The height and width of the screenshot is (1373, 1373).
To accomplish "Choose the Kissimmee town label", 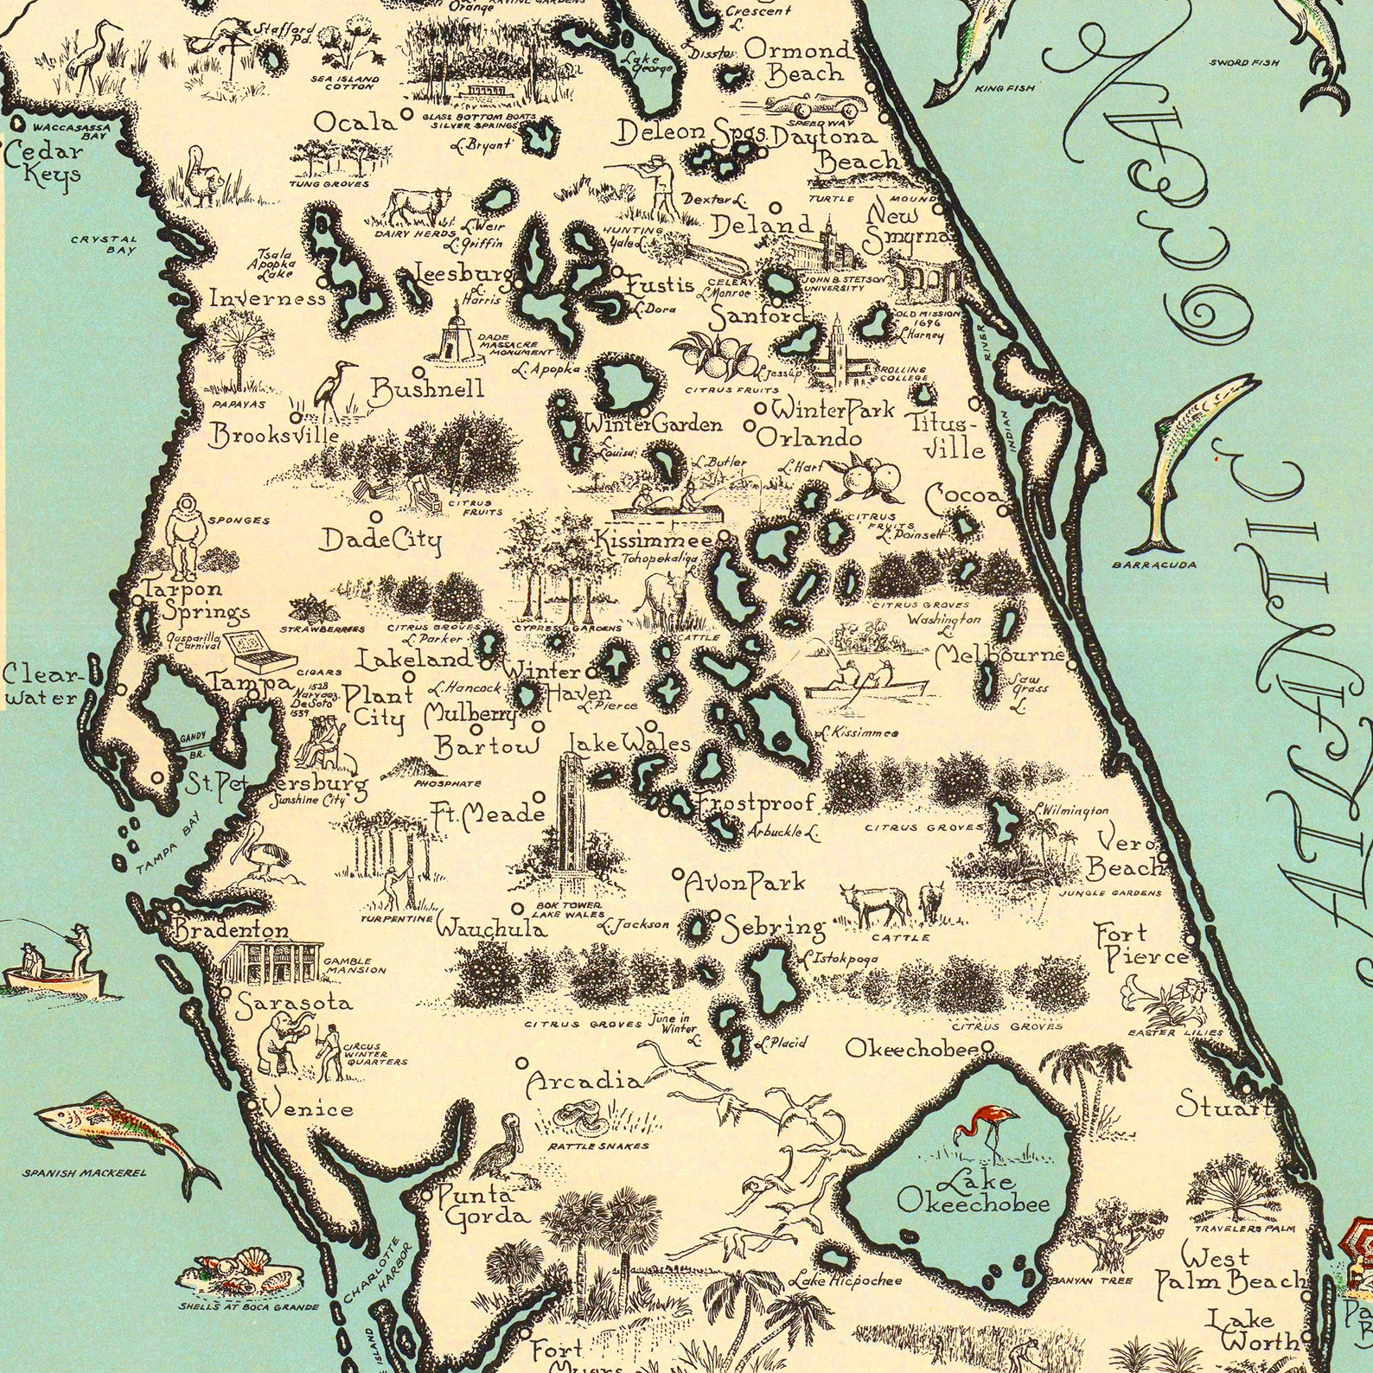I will coord(654,540).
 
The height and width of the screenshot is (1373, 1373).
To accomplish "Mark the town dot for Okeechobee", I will coord(988,1047).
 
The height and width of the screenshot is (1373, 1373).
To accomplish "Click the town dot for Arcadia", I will coord(522,1063).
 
